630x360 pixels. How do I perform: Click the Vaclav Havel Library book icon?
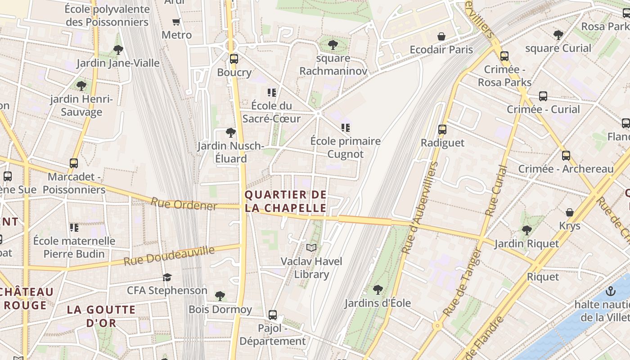[311, 247]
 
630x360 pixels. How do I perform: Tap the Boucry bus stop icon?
[234, 58]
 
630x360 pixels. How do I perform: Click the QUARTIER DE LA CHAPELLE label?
[285, 201]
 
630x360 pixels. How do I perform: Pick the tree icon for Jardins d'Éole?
[378, 289]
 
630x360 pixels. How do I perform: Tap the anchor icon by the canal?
[610, 291]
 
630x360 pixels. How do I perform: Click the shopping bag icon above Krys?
[570, 212]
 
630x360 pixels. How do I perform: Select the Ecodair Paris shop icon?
[441, 36]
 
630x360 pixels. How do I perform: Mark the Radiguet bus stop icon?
[442, 130]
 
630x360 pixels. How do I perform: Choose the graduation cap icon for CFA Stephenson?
[167, 277]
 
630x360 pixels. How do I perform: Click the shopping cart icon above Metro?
[176, 22]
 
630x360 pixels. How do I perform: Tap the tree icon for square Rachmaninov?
[333, 45]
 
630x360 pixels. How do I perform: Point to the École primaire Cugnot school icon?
[345, 128]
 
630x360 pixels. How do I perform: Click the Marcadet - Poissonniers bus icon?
[74, 163]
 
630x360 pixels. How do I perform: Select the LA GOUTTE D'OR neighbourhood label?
[101, 316]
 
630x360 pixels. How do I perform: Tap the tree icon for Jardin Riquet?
[526, 230]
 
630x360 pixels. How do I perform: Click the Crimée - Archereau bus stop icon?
[566, 156]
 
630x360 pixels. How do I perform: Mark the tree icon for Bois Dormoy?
[220, 296]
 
